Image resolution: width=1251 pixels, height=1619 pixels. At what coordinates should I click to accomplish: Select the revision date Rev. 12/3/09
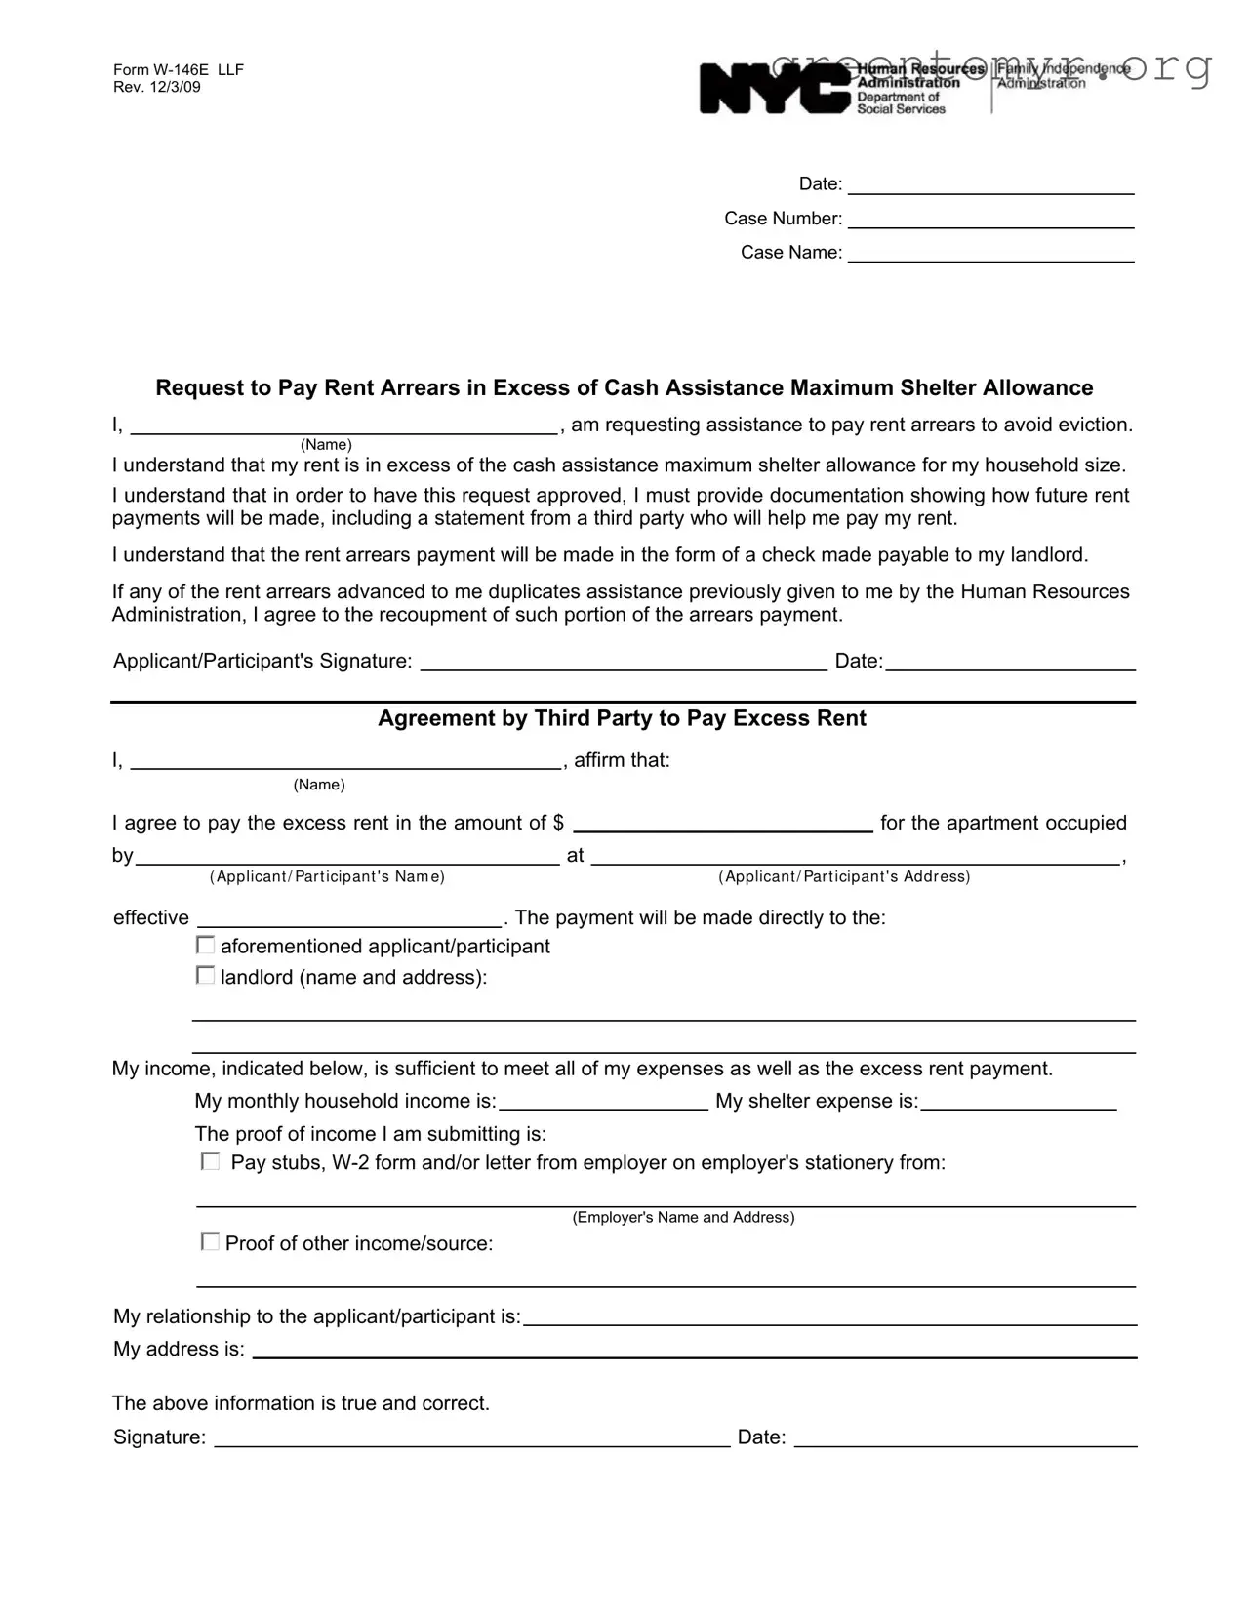click(x=157, y=87)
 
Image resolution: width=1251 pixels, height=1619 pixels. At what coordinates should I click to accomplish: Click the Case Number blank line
click(x=990, y=220)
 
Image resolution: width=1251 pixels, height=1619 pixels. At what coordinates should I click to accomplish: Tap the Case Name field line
click(x=990, y=254)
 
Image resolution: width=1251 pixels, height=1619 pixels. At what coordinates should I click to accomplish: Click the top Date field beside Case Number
click(x=990, y=185)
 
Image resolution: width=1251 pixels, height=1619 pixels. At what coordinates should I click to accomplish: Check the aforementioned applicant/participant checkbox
click(x=206, y=945)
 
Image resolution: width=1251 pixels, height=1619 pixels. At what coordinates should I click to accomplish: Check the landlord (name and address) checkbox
click(x=206, y=975)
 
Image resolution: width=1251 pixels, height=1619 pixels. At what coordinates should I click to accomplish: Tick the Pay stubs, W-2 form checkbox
click(x=210, y=1161)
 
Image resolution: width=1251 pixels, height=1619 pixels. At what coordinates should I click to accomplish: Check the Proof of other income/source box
click(x=210, y=1241)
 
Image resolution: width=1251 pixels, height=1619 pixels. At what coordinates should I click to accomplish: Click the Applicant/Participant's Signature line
click(x=624, y=663)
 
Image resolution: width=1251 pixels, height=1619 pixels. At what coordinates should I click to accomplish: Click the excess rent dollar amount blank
click(x=722, y=823)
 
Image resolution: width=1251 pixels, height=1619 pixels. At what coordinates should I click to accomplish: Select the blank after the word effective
click(x=349, y=918)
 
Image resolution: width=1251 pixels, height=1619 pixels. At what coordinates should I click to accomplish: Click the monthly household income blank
click(x=603, y=1102)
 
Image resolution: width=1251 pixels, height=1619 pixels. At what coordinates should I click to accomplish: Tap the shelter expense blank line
click(x=1019, y=1102)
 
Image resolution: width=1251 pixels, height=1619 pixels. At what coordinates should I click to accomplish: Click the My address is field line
click(x=695, y=1350)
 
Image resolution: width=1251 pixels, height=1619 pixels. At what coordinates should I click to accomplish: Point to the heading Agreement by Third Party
click(x=622, y=718)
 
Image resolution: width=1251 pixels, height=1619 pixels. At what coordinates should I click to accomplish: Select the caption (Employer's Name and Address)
click(x=683, y=1217)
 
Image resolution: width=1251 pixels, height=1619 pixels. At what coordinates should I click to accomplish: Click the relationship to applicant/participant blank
click(x=829, y=1317)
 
